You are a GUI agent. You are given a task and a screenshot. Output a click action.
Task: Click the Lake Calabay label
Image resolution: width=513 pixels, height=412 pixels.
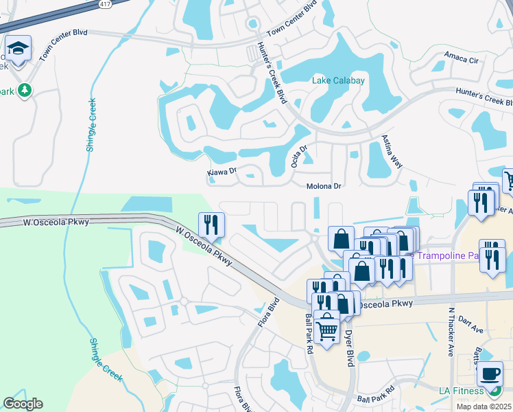coord(338,81)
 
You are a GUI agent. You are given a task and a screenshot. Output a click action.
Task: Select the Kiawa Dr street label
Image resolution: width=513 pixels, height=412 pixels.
coord(222,172)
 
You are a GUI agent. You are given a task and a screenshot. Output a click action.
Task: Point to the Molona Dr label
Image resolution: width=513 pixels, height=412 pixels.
coord(323,186)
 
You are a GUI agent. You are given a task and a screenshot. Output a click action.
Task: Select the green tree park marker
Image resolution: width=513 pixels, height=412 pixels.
coord(25,90)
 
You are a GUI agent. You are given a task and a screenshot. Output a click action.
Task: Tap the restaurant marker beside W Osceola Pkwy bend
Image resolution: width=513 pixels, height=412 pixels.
coord(211,224)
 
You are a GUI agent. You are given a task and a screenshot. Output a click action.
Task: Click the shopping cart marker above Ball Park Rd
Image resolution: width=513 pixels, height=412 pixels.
coord(328,330)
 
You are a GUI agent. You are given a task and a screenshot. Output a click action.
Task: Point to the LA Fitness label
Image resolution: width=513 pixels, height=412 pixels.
coord(462,391)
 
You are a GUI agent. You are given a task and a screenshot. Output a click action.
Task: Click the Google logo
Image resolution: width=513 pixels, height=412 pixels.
coord(23,404)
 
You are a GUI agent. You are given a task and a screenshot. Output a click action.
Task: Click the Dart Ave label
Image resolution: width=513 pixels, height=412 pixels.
coord(470,320)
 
